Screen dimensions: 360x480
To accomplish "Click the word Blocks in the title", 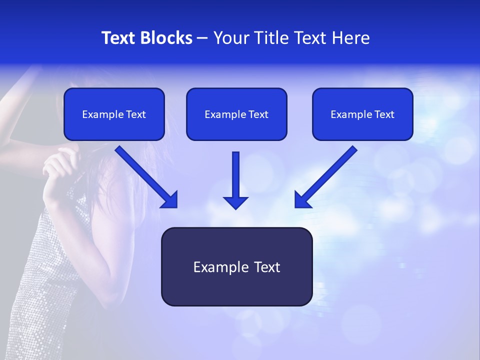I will click(166, 38).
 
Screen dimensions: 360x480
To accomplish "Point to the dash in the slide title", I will click(202, 38).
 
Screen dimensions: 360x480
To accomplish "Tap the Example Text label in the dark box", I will click(236, 267).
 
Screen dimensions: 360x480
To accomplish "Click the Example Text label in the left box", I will click(114, 114).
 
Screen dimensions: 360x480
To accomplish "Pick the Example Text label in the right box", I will click(362, 114).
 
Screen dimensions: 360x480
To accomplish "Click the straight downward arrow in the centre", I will click(236, 175).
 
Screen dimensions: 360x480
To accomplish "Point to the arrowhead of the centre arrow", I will click(236, 202).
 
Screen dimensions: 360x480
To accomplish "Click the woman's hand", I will click(60, 165).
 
